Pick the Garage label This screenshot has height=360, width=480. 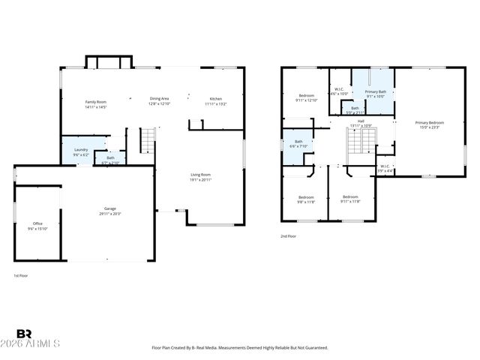110,211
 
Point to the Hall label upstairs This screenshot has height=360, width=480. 361,123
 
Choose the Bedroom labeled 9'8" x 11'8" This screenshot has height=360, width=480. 307,199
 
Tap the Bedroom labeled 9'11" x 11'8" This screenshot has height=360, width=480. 350,199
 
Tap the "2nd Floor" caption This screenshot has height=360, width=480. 289,235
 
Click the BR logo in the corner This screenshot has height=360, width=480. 24,334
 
